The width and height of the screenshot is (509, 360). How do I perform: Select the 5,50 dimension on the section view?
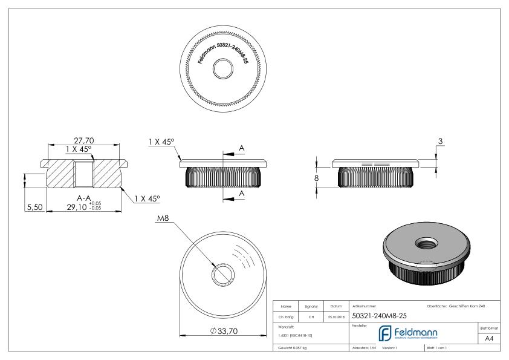point(33,207)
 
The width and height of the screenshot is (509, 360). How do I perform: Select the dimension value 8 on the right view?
point(316,178)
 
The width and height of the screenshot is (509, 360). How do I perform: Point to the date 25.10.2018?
point(336,315)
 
